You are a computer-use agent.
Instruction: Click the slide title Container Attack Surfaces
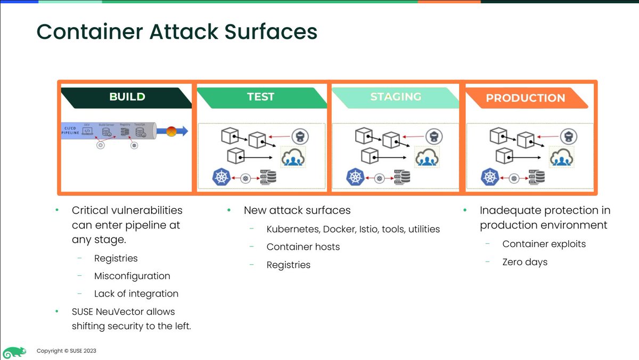[x=177, y=32]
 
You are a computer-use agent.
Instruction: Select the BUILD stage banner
[x=127, y=97]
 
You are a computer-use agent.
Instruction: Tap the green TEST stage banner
[x=260, y=97]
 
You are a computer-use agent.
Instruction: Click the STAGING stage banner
[x=395, y=97]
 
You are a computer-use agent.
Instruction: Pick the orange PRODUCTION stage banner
[x=525, y=98]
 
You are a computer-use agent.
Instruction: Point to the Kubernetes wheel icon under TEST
[x=220, y=177]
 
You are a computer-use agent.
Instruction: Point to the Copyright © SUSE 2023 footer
[x=66, y=351]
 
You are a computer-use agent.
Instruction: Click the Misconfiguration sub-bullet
[x=132, y=276]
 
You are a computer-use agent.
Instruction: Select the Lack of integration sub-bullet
[x=136, y=293]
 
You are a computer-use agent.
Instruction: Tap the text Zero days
[x=525, y=261]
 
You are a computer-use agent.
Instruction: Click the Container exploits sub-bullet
[x=544, y=244]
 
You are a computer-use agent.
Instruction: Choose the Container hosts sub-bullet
[x=303, y=247]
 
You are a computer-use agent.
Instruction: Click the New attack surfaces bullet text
[x=297, y=210]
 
